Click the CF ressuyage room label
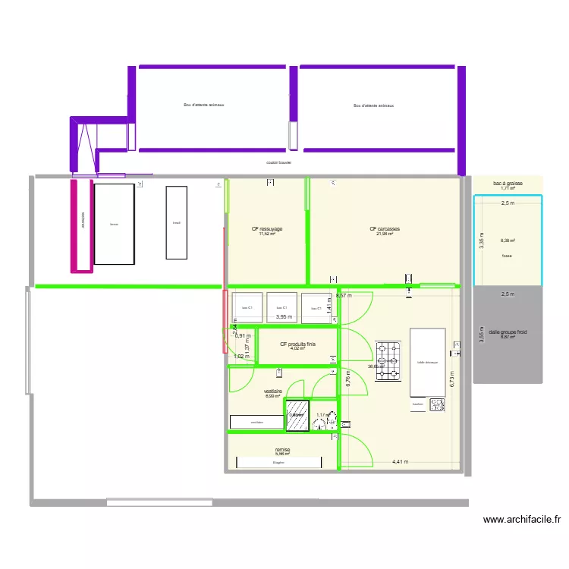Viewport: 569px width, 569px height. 266,228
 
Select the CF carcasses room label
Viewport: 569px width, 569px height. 385,229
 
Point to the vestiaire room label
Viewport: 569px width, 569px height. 273,391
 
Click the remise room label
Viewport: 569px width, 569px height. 282,450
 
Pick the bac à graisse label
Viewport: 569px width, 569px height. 508,184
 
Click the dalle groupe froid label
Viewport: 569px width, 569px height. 508,332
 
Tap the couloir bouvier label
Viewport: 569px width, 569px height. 279,162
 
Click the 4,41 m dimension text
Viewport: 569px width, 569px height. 400,461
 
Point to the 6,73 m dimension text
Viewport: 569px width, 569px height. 452,379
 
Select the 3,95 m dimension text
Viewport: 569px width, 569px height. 284,317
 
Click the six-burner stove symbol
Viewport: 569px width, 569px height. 388,359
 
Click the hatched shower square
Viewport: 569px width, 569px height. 296,415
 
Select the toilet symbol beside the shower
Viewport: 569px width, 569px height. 335,426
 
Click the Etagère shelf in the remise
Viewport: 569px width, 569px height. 278,462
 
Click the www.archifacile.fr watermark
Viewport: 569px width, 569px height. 522,520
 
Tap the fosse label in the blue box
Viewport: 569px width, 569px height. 507,256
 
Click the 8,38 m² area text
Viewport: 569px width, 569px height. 507,241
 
